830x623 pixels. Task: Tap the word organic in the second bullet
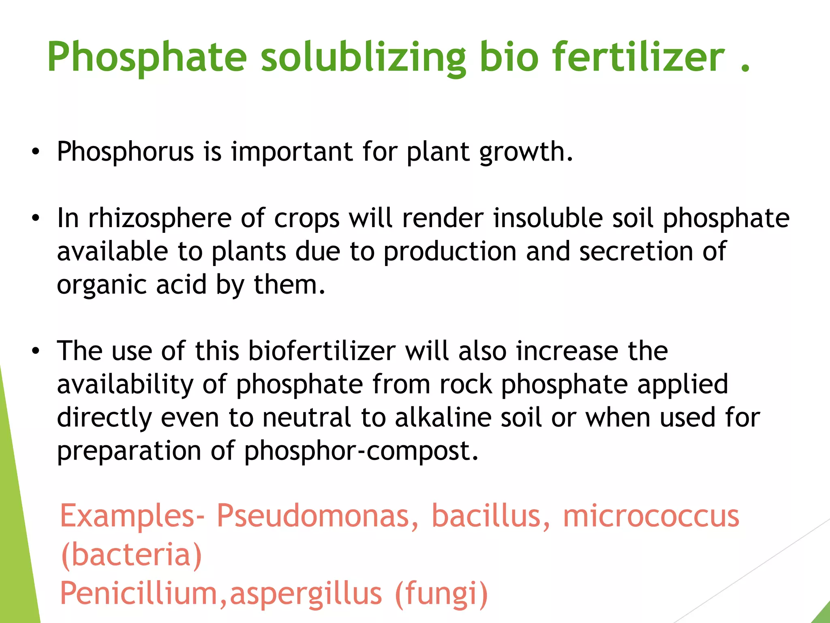(101, 286)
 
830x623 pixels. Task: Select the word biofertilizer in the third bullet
(322, 351)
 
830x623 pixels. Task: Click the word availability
(125, 385)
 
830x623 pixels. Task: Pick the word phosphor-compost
(361, 451)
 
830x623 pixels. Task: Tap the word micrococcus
(651, 516)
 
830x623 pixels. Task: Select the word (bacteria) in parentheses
(131, 555)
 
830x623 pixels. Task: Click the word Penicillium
(138, 593)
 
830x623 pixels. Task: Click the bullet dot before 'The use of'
(36, 351)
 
